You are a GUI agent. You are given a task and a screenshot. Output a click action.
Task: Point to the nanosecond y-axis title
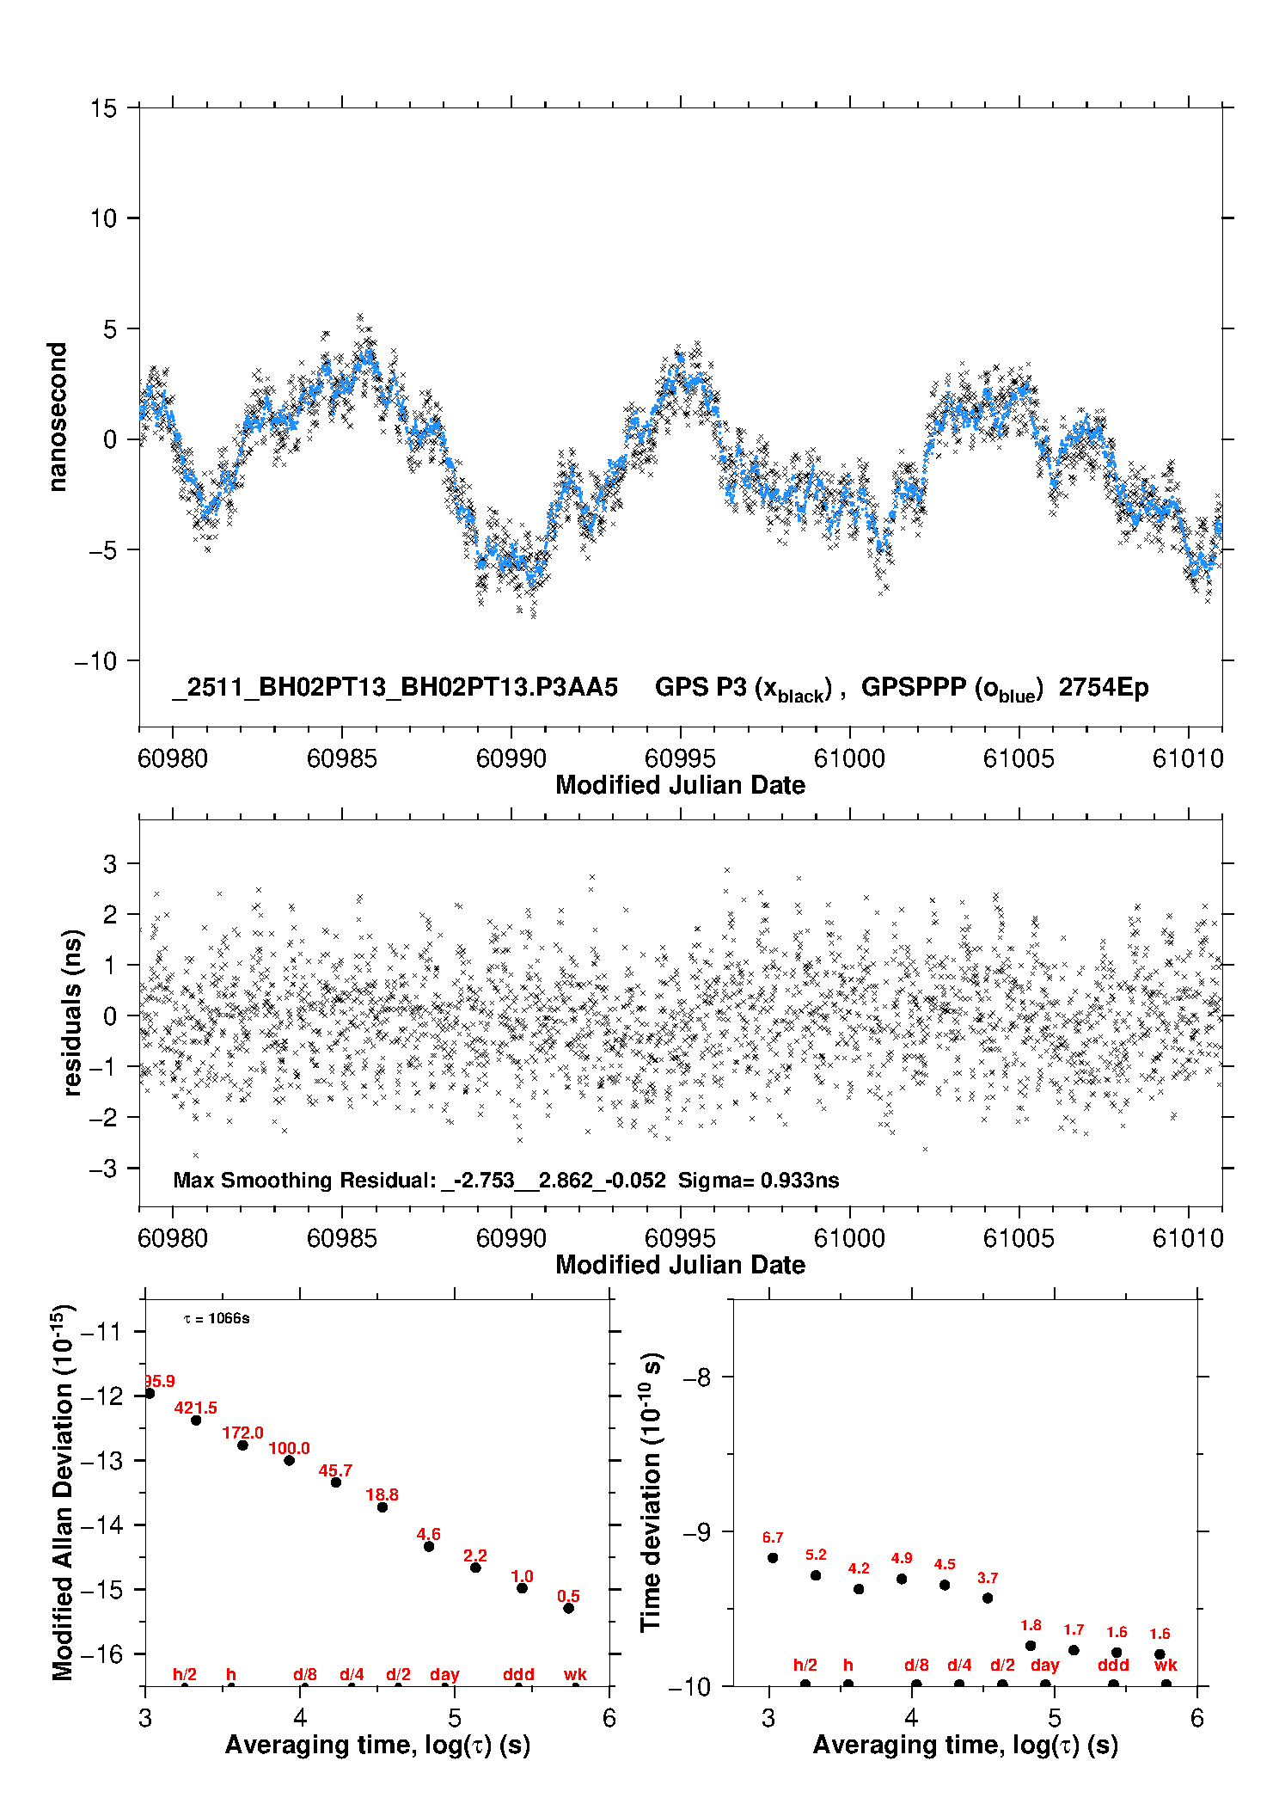click(x=57, y=417)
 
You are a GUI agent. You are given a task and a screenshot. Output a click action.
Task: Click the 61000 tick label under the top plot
click(x=849, y=758)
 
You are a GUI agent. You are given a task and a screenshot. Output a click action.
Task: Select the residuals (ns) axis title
click(x=72, y=1012)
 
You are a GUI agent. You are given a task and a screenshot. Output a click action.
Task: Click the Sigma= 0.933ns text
click(x=758, y=1180)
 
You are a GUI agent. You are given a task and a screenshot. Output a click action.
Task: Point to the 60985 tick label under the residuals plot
click(x=342, y=1238)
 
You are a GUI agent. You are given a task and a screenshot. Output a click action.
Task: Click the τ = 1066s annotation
click(x=217, y=1318)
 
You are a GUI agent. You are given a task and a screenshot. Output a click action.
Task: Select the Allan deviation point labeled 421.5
click(x=196, y=1420)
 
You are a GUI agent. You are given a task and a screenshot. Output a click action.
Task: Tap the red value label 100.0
click(x=289, y=1448)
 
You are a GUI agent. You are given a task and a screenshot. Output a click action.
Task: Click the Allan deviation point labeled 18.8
click(x=382, y=1506)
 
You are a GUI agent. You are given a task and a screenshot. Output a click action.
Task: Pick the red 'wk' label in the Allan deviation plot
click(x=575, y=1674)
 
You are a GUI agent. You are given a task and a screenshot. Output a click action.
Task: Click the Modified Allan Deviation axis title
click(x=63, y=1492)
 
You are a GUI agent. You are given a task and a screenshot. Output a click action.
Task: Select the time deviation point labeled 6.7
click(x=773, y=1557)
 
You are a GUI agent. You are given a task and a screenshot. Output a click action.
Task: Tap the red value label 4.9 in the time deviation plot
click(x=902, y=1557)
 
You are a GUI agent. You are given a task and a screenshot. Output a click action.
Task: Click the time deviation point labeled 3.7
click(x=988, y=1598)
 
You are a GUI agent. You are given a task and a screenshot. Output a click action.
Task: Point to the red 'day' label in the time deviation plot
click(x=1045, y=1665)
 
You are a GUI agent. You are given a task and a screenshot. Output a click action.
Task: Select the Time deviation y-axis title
click(x=651, y=1492)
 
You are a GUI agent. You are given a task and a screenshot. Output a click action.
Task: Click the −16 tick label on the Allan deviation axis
click(x=101, y=1654)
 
